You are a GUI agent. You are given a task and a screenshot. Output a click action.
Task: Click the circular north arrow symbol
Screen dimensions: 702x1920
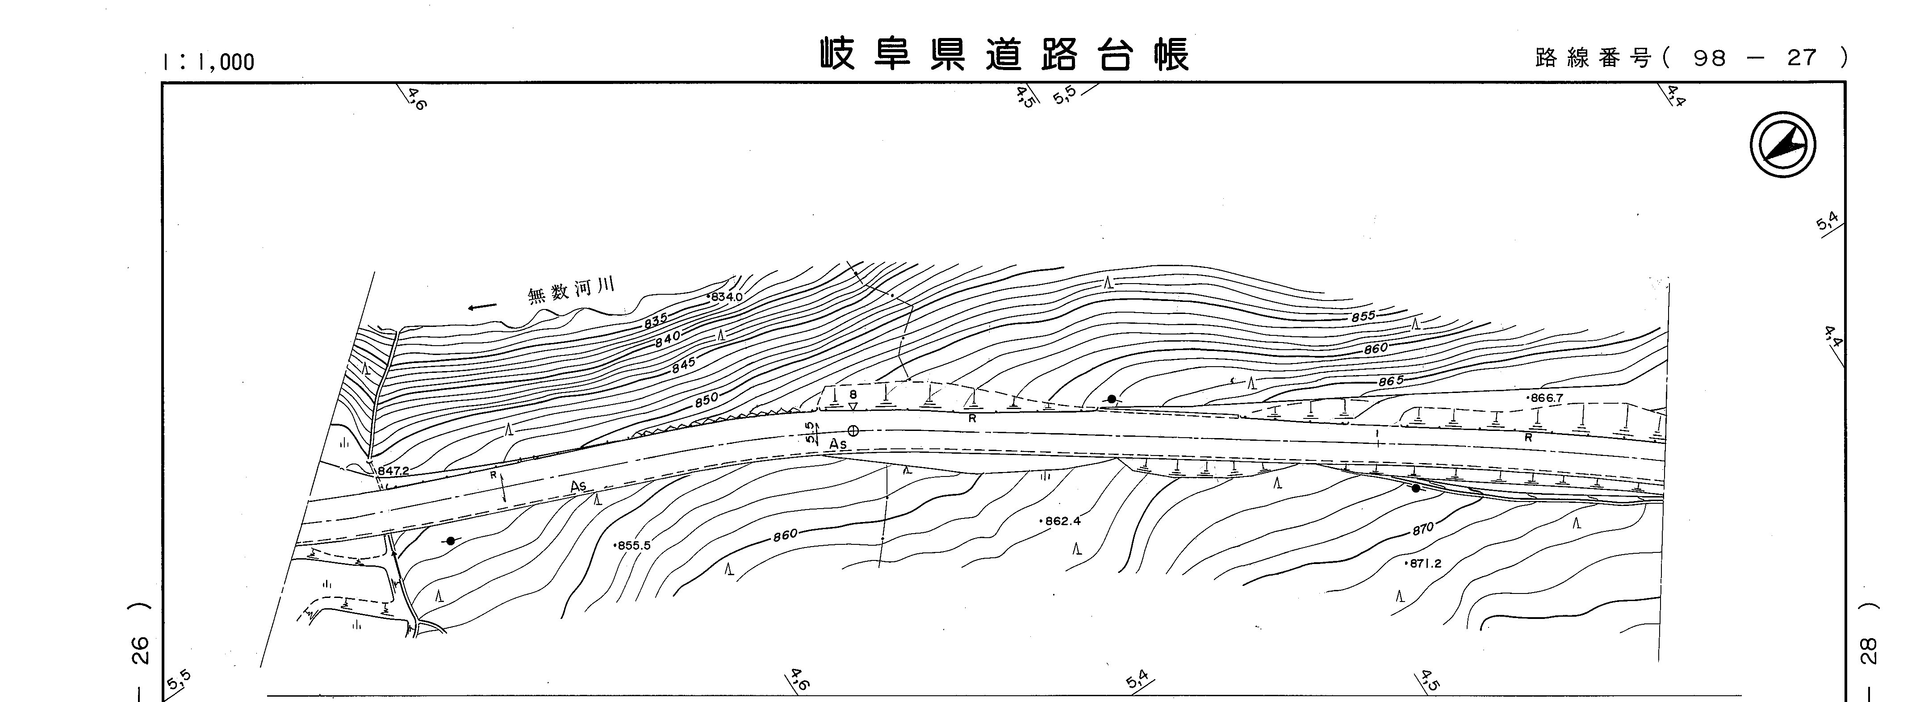1782,145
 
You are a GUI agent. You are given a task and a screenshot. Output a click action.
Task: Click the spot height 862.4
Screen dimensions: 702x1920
1061,521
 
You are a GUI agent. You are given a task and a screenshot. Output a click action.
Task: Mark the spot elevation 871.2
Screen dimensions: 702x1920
1424,564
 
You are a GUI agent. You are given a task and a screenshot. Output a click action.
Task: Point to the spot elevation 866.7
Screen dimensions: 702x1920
1546,398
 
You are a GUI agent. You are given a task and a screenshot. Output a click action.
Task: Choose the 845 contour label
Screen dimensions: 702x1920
683,364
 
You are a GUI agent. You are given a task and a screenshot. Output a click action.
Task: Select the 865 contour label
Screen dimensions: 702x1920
1390,381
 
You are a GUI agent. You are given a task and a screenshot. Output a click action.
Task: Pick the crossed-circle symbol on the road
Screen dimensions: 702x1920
853,431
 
